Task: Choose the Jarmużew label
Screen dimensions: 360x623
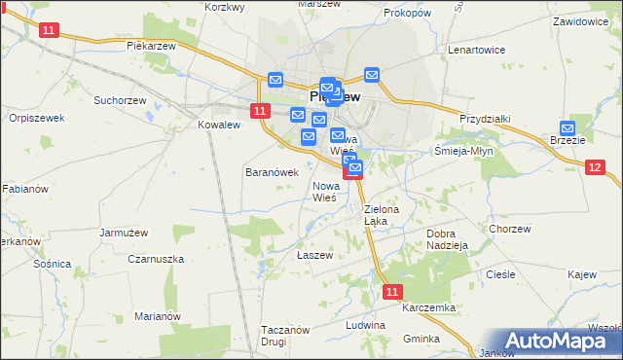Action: (x=123, y=233)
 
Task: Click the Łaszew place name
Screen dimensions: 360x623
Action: (x=314, y=255)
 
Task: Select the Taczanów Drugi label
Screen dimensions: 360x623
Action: (x=285, y=336)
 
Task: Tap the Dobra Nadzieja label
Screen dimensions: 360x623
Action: (x=449, y=239)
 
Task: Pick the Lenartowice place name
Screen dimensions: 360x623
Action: (x=475, y=49)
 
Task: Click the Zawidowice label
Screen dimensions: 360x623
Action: (x=587, y=20)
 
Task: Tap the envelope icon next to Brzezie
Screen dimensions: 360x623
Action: (x=568, y=126)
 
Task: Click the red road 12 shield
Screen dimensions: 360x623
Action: (x=596, y=167)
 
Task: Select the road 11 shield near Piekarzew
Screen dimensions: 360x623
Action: (x=50, y=31)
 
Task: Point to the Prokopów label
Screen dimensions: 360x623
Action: (x=407, y=14)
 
